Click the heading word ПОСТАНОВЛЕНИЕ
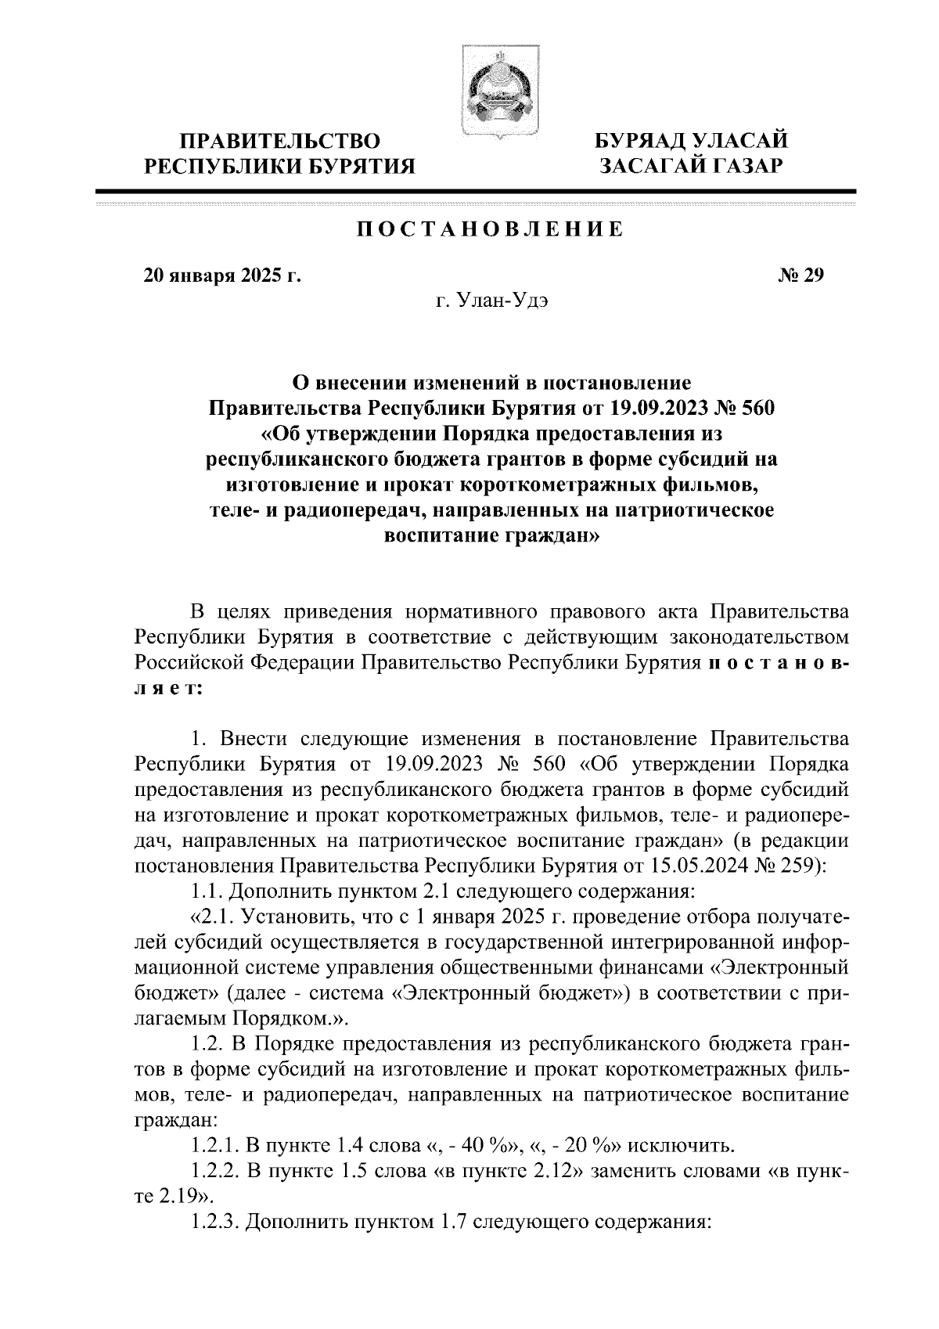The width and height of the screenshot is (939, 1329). pyautogui.click(x=491, y=229)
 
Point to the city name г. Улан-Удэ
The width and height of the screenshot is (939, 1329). pyautogui.click(x=491, y=302)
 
